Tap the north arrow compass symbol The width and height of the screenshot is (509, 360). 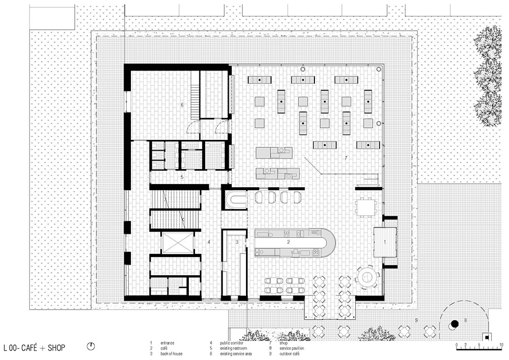click(92, 347)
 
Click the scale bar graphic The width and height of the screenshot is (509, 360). click(479, 345)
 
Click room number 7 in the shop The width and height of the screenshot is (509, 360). click(345, 158)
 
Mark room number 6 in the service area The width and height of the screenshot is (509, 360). click(182, 105)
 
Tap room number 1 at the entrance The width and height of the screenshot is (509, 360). click(385, 241)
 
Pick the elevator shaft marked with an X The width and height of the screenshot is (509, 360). click(176, 243)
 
